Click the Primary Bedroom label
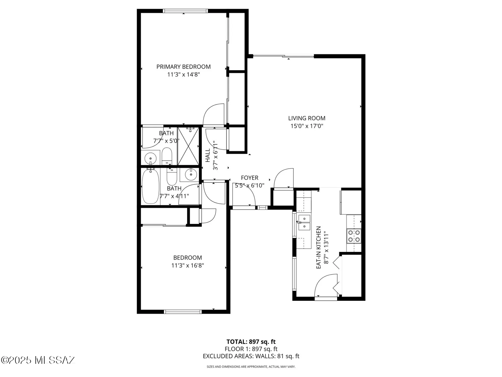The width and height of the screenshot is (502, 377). click(x=183, y=67)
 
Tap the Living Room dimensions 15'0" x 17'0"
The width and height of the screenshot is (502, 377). click(x=307, y=126)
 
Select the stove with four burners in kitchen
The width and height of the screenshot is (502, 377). click(x=354, y=236)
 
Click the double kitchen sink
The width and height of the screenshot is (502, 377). click(x=304, y=222)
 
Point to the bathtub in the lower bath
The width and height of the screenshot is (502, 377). click(x=150, y=186)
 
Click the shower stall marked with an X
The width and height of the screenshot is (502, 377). click(x=188, y=146)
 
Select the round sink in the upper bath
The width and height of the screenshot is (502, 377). click(x=150, y=158)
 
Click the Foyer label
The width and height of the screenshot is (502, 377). click(x=249, y=178)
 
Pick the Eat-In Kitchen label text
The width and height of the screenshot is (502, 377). click(x=319, y=248)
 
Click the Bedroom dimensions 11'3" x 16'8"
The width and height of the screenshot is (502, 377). click(x=187, y=265)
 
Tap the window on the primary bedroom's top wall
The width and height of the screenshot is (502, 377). click(x=185, y=11)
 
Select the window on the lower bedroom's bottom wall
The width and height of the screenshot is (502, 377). click(x=183, y=312)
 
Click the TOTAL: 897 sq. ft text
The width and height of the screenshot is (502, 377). click(x=251, y=342)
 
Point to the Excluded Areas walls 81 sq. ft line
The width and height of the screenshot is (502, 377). click(x=251, y=356)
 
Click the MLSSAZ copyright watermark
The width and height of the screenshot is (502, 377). click(x=38, y=360)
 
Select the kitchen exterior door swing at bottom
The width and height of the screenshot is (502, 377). click(x=325, y=285)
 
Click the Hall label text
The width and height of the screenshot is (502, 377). click(x=208, y=155)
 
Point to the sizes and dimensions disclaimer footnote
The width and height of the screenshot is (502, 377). click(x=251, y=367)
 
